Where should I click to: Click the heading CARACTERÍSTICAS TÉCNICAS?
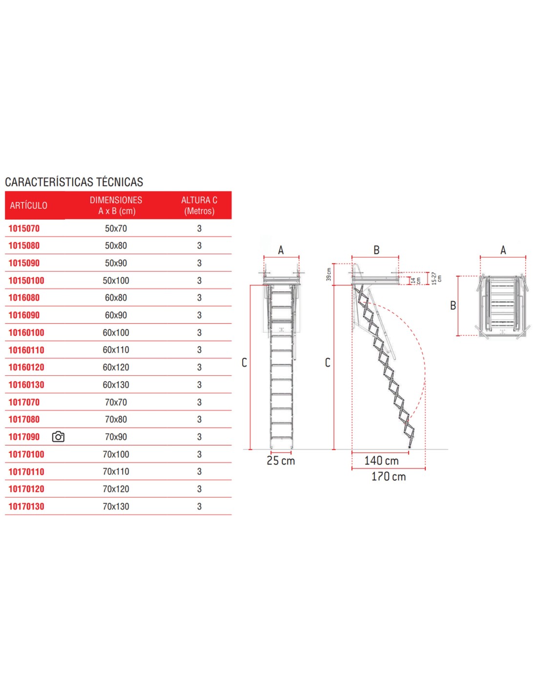[x=74, y=182]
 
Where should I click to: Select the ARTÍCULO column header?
[x=28, y=205]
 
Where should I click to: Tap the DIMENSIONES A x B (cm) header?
[x=116, y=205]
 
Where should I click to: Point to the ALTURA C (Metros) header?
[x=199, y=205]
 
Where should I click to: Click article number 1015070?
[x=24, y=228]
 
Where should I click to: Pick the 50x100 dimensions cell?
[x=116, y=281]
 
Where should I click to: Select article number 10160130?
[x=26, y=385]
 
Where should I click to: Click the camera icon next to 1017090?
[x=58, y=437]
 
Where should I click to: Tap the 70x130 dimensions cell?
[x=116, y=506]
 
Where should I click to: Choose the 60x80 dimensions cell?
[x=116, y=298]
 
